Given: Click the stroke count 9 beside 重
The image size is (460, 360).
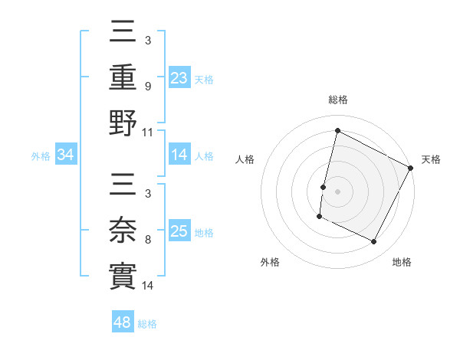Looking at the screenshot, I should tap(149, 87).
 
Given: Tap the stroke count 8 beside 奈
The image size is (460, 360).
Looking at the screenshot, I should tap(149, 240).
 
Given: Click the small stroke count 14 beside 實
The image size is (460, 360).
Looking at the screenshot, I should tap(149, 286).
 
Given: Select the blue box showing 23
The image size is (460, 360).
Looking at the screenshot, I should tap(179, 77).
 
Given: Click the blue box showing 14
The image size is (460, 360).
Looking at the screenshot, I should tap(179, 155).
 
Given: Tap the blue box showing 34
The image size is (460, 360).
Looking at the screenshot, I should tap(65, 155).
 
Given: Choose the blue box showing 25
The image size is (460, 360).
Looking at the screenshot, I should tap(179, 231).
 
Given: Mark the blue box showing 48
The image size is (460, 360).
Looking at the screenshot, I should tap(123, 322).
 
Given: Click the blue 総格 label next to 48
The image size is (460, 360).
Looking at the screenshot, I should tap(148, 324).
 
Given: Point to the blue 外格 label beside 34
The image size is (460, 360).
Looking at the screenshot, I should tap(41, 156).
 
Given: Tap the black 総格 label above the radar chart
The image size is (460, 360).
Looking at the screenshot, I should tap(337, 100).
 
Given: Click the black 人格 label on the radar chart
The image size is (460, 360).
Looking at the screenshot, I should tap(245, 159).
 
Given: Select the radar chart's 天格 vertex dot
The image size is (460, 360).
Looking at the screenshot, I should tap(411, 169).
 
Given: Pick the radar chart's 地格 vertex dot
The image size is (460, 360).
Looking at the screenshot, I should tap(374, 242).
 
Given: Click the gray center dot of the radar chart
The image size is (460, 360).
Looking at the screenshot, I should tap(337, 190).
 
